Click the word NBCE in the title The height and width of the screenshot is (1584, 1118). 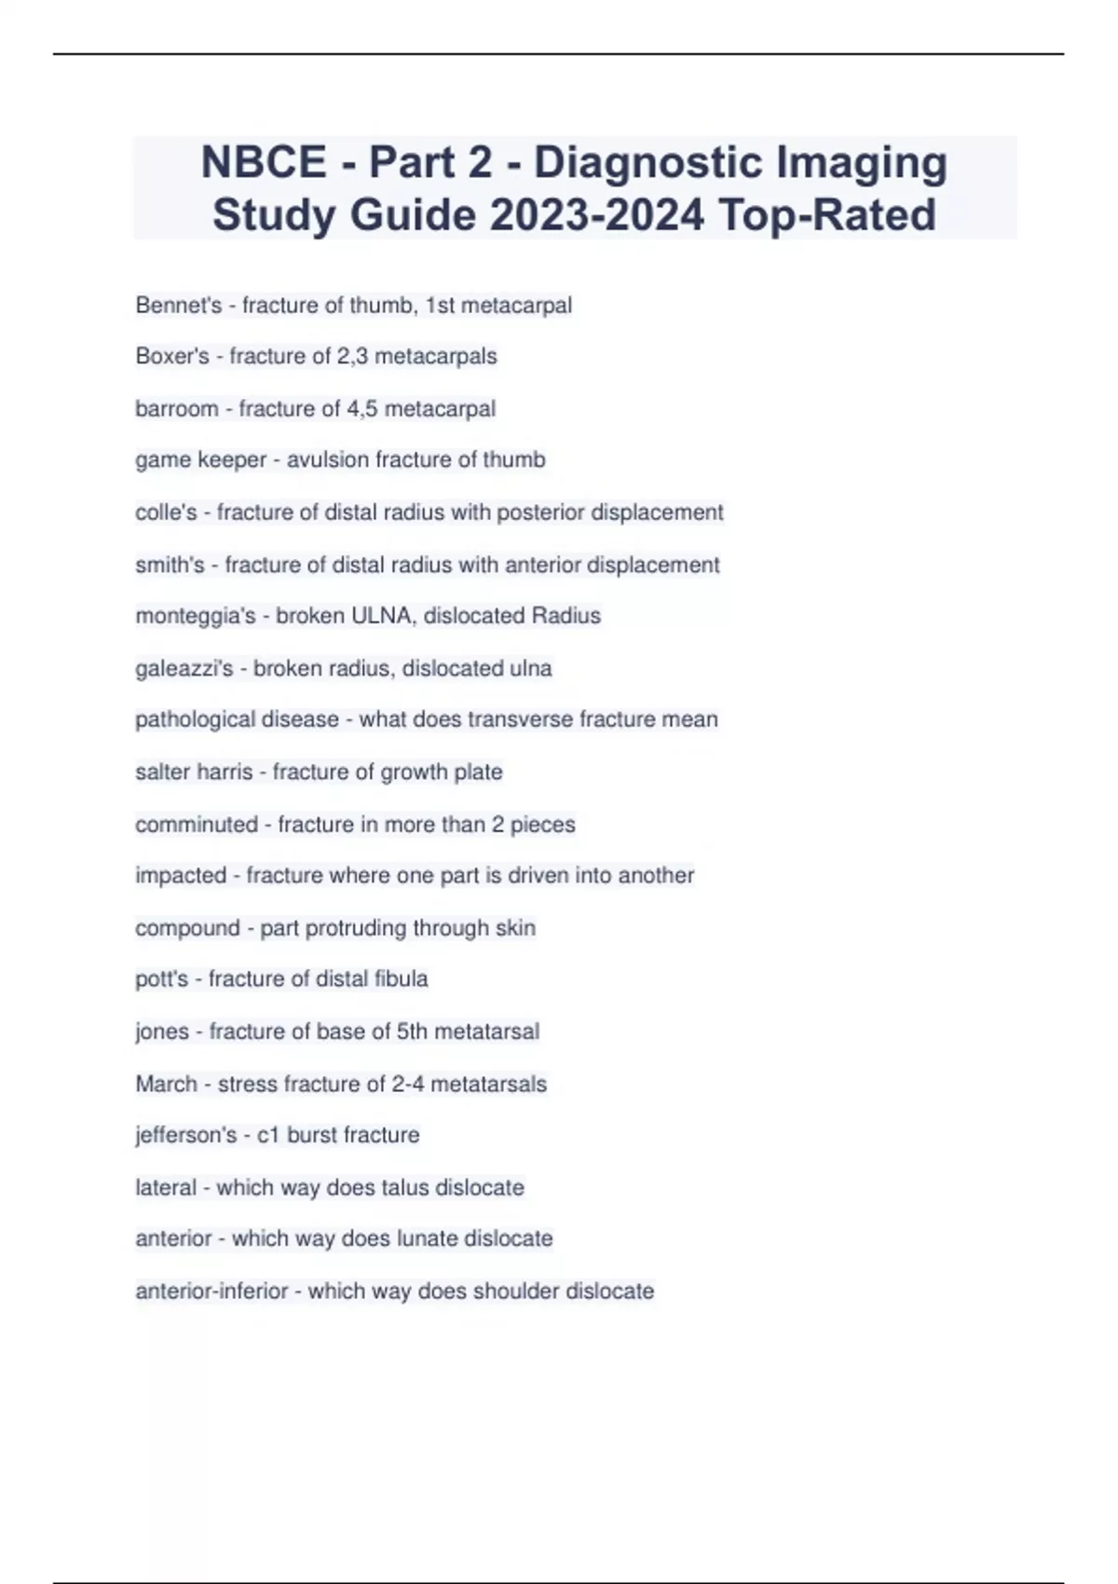click(264, 162)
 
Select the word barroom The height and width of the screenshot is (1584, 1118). click(177, 409)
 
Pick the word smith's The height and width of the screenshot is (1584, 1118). click(170, 565)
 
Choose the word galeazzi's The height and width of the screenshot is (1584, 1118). click(184, 668)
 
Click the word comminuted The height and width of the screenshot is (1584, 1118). click(197, 825)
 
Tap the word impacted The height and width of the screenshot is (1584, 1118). click(181, 876)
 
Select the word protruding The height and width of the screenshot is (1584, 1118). click(356, 928)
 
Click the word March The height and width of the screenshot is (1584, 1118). click(166, 1084)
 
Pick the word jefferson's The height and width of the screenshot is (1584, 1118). click(186, 1135)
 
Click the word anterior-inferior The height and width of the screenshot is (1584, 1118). click(211, 1291)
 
